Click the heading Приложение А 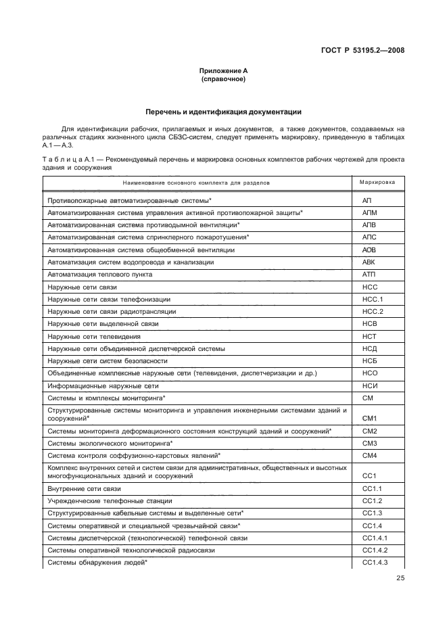tap(223, 71)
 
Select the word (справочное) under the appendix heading tap(223, 79)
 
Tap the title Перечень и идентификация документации tap(223, 112)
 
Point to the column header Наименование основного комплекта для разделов tap(197, 183)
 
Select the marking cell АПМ tap(369, 213)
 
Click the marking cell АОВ tap(369, 250)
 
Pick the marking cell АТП tap(369, 275)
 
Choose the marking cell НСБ tap(369, 360)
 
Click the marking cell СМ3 tap(369, 443)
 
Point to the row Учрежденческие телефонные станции tap(110, 501)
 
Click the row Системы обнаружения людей tap(97, 563)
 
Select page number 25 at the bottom tap(400, 578)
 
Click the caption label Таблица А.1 tap(66, 160)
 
